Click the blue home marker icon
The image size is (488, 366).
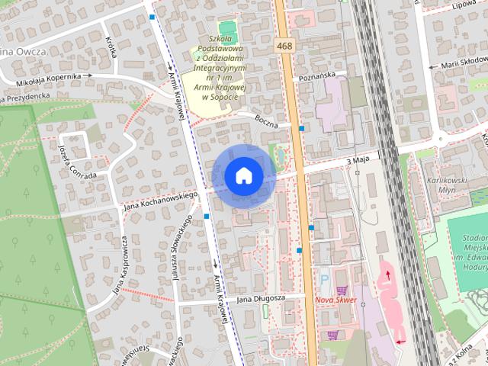tap(243, 175)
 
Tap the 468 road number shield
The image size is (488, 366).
tap(284, 47)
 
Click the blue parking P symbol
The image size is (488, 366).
tap(323, 279)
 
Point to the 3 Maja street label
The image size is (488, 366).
tap(358, 162)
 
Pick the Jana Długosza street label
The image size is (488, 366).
tap(260, 298)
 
